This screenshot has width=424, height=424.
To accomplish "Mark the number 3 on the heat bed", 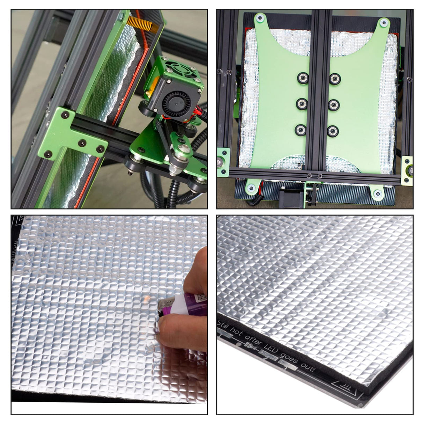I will click(x=285, y=368).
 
